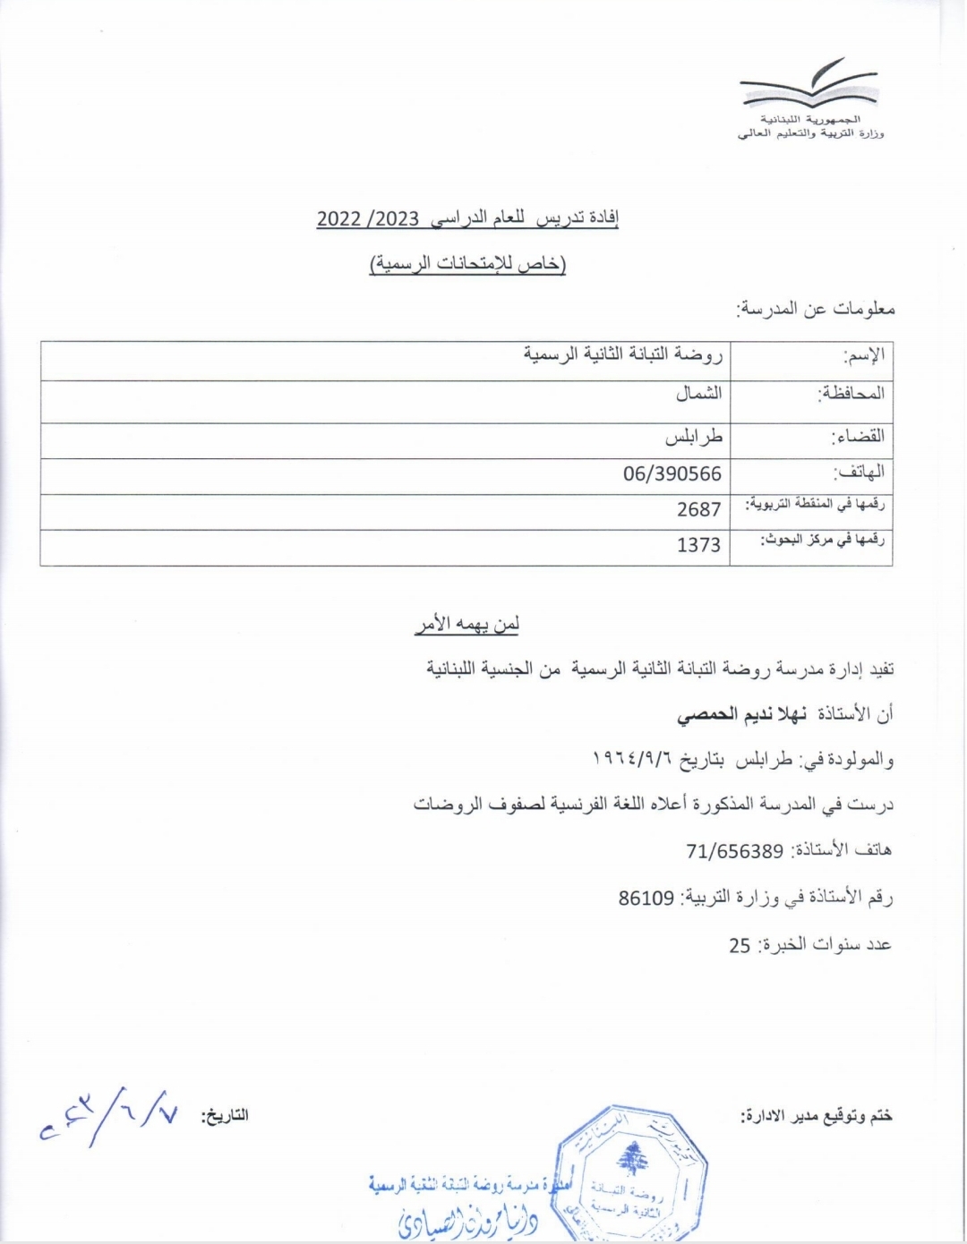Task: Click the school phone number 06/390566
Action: tap(672, 473)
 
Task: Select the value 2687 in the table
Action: tap(698, 509)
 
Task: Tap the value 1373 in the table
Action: tap(698, 544)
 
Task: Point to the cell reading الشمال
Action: tap(698, 394)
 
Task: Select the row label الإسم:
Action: tap(863, 355)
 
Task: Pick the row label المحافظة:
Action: tap(851, 394)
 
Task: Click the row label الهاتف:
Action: tap(859, 472)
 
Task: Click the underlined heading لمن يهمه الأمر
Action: tap(466, 625)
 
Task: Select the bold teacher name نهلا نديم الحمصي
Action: tap(741, 714)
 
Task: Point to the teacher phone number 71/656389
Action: tap(735, 851)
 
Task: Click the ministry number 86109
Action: tap(646, 898)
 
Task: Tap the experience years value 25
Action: tap(740, 945)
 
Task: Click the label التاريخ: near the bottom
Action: tap(225, 1116)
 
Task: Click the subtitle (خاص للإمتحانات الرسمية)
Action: tap(468, 264)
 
